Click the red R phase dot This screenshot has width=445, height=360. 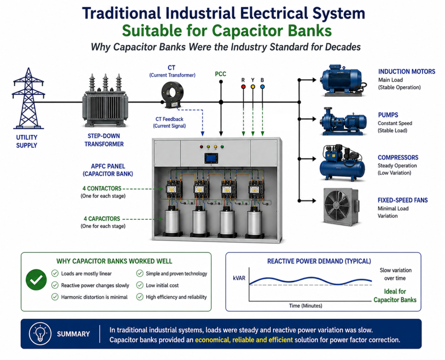(x=243, y=86)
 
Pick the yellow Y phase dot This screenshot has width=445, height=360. (x=253, y=86)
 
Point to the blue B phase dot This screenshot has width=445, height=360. (x=262, y=86)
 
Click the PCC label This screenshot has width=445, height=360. (x=220, y=74)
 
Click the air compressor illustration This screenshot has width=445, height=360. (x=342, y=163)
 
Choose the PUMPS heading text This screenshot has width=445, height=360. (x=388, y=115)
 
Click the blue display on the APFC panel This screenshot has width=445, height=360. (x=212, y=159)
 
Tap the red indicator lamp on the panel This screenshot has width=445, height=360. (x=201, y=147)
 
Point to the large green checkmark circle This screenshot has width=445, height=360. (x=37, y=279)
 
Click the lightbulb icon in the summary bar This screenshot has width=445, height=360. (x=40, y=334)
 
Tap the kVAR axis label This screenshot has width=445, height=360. (x=239, y=278)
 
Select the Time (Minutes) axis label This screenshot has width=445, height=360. (x=306, y=306)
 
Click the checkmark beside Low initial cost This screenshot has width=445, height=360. (x=139, y=285)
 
